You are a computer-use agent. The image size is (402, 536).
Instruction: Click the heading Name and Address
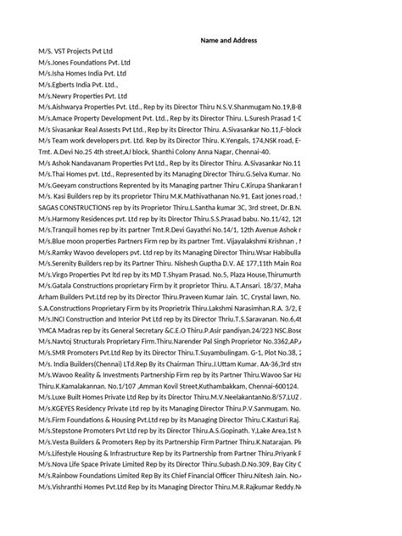tap(228, 40)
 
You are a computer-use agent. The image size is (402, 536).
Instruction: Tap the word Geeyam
tap(65, 186)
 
